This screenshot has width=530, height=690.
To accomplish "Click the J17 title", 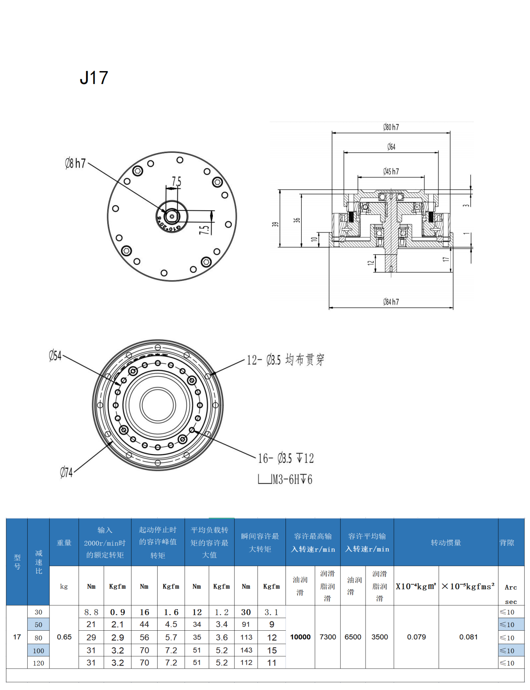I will (x=94, y=78).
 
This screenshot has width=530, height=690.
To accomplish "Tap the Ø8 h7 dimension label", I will (x=76, y=164).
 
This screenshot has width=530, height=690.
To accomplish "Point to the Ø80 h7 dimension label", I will (x=391, y=127).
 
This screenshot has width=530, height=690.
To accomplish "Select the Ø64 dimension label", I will (x=391, y=147).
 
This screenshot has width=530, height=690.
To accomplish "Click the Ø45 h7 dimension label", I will (x=391, y=171).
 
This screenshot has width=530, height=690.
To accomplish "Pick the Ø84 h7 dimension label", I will (x=391, y=302).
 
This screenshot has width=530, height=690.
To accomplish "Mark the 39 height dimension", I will (x=275, y=224).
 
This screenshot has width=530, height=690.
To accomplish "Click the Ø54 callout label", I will (x=55, y=356).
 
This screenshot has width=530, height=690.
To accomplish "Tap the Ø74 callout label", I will (x=66, y=472).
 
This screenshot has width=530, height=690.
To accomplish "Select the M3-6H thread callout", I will (x=292, y=480).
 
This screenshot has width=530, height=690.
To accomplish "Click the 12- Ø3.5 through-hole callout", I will (x=286, y=360).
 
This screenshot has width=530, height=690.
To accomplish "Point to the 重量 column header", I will (x=64, y=543).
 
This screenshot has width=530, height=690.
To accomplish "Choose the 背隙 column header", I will (x=507, y=543).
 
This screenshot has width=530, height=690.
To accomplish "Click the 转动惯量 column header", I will (x=446, y=543).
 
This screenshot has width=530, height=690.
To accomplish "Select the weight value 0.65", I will (x=64, y=637).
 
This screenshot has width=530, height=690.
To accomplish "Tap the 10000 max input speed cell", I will (x=300, y=637).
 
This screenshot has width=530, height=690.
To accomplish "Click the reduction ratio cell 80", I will (x=39, y=638).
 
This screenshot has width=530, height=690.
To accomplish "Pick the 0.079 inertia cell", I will (x=416, y=637).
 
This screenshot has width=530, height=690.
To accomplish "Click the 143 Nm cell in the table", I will (x=246, y=650).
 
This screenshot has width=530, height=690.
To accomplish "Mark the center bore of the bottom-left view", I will (x=158, y=405).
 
